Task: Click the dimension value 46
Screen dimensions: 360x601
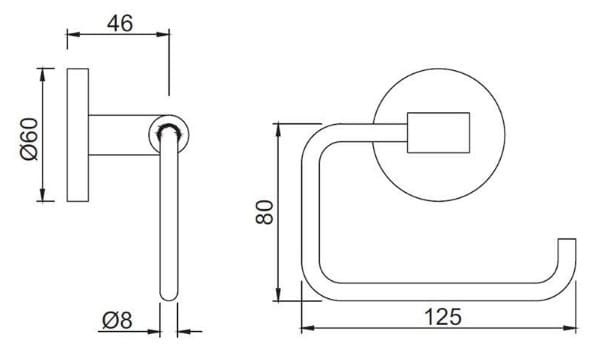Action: [x=119, y=24]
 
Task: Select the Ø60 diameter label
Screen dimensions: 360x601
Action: [x=27, y=136]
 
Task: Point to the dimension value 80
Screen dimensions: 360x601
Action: [x=263, y=213]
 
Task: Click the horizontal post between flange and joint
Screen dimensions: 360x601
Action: [x=125, y=134]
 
